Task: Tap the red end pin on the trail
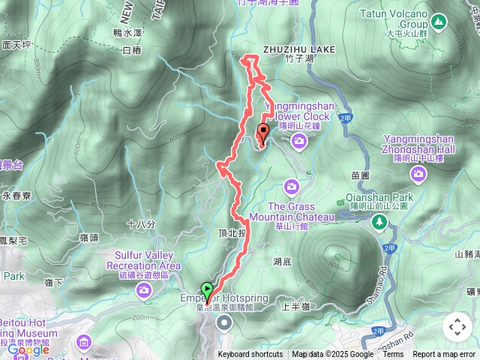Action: [262, 133]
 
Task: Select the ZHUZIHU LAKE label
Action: [298, 49]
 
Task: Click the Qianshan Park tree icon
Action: [379, 220]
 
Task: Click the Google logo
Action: [28, 349]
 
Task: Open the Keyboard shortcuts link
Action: [250, 355]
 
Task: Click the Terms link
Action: [393, 355]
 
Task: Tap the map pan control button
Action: [457, 327]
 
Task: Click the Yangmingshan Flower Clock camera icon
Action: [298, 141]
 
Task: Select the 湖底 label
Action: [282, 262]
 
